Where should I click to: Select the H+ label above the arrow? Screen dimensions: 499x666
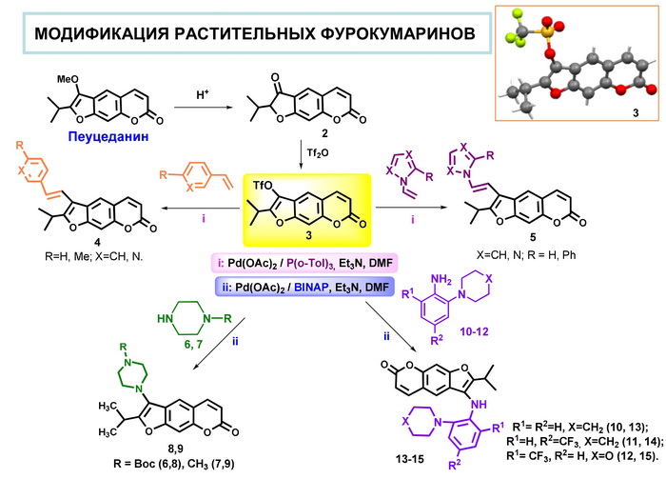tap(204, 94)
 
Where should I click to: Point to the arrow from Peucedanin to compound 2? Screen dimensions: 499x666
tap(203, 108)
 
